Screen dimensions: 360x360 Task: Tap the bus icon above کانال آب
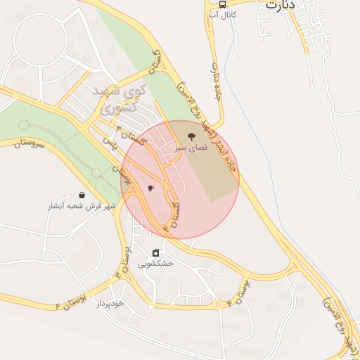222,4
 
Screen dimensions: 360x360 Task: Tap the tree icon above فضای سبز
191,136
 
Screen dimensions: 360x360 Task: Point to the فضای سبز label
191,149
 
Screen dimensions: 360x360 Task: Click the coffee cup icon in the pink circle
150,188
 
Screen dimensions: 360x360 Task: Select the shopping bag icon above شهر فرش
82,195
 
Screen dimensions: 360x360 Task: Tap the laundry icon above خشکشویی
155,252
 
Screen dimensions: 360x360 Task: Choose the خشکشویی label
155,264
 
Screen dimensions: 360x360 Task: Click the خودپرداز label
110,303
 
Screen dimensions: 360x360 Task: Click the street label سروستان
28,143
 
